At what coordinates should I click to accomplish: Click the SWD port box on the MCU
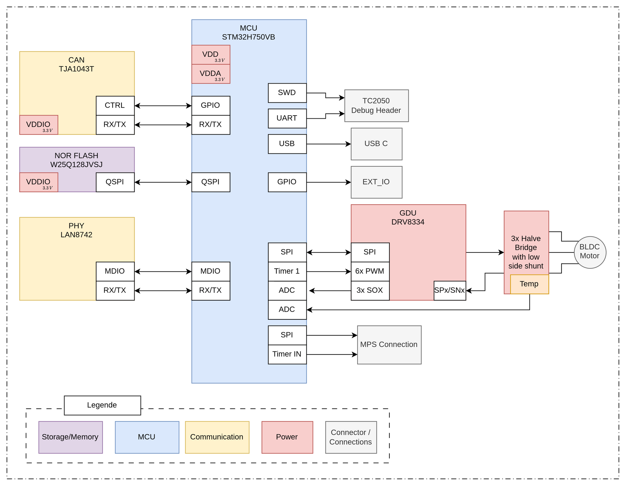[287, 93]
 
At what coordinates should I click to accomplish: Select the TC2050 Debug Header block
[376, 106]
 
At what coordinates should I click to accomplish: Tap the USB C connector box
[376, 144]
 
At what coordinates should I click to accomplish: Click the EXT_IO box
[376, 182]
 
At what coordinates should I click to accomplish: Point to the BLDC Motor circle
[590, 252]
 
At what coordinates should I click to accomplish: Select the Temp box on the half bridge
[529, 284]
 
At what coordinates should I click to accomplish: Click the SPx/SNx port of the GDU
[449, 291]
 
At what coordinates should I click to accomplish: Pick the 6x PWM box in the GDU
[370, 271]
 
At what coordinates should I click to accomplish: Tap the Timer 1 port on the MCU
[287, 271]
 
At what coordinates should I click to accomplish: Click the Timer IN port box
[287, 354]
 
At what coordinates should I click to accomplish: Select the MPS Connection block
[389, 345]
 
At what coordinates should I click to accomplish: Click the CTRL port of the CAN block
[115, 106]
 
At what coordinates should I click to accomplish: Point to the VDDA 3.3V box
[211, 74]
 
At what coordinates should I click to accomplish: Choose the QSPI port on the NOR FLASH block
[115, 182]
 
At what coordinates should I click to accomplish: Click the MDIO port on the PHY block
[115, 271]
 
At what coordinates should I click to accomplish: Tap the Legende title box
[102, 405]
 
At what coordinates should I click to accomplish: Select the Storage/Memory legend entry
[70, 437]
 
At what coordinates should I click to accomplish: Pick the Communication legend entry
[217, 437]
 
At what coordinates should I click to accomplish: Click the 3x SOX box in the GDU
[370, 291]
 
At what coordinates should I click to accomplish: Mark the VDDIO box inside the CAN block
[38, 125]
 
